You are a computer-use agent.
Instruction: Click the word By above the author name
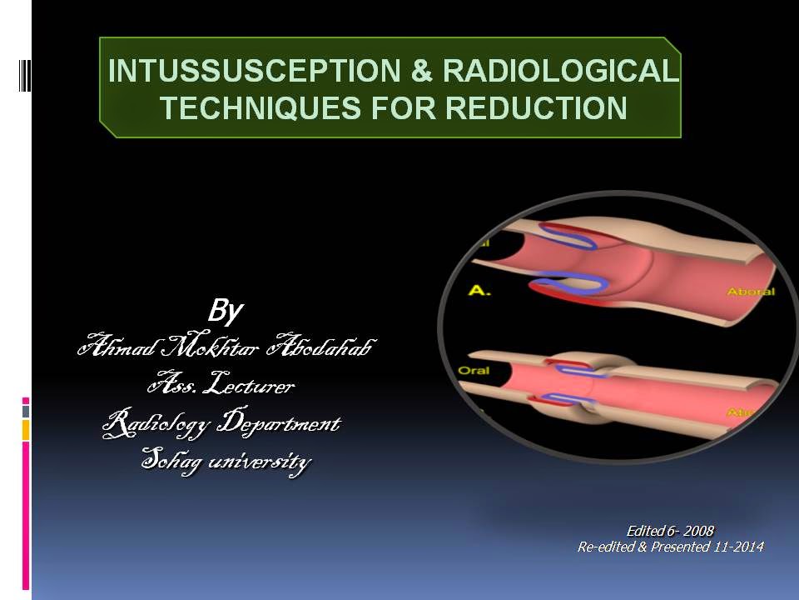pyautogui.click(x=224, y=312)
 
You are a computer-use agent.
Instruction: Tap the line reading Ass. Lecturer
pyautogui.click(x=221, y=386)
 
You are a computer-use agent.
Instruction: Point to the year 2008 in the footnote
pyautogui.click(x=698, y=531)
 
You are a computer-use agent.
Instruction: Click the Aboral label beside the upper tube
pyautogui.click(x=751, y=292)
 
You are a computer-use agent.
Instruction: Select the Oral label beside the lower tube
pyautogui.click(x=474, y=369)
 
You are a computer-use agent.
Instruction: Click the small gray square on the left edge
pyautogui.click(x=26, y=411)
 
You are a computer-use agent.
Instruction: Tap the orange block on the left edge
pyautogui.click(x=26, y=430)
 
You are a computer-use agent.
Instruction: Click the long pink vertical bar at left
pyautogui.click(x=26, y=517)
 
